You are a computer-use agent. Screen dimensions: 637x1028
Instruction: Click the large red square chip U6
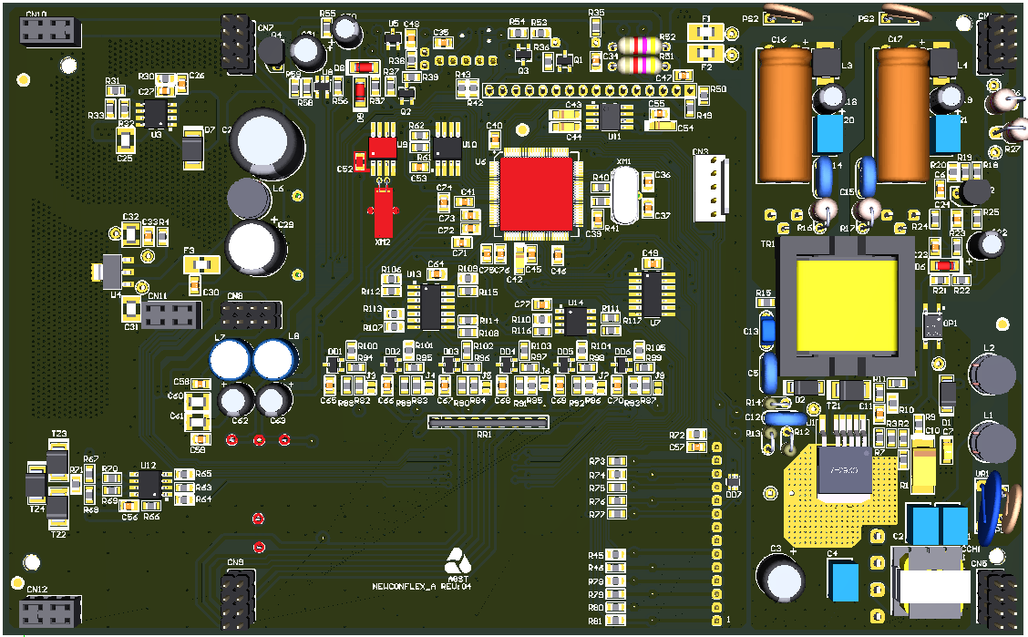(536, 193)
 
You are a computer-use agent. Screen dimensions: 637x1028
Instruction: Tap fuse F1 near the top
(706, 32)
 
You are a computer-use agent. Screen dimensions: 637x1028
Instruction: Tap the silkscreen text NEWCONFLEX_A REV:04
(421, 587)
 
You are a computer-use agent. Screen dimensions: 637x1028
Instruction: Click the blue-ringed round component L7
(230, 358)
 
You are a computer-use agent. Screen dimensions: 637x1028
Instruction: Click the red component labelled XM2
(383, 214)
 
